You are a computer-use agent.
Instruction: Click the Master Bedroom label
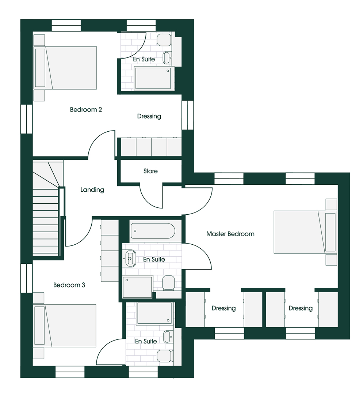pyautogui.click(x=230, y=234)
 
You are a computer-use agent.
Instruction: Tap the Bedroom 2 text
pyautogui.click(x=86, y=110)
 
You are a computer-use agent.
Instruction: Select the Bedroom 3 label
pyautogui.click(x=69, y=285)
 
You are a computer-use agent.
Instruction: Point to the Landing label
pyautogui.click(x=92, y=190)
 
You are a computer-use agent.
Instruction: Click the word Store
pyautogui.click(x=150, y=171)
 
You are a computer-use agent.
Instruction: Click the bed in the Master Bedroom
pyautogui.click(x=305, y=232)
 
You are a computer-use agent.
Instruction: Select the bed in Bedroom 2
pyautogui.click(x=65, y=68)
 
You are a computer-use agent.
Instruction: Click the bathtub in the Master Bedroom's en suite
pyautogui.click(x=153, y=231)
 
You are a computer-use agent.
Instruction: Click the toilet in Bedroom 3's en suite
pyautogui.click(x=165, y=356)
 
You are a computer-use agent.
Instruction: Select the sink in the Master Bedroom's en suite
pyautogui.click(x=130, y=258)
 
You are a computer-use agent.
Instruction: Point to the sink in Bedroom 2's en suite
pyautogui.click(x=167, y=58)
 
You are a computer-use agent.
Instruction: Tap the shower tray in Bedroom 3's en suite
pyautogui.click(x=154, y=313)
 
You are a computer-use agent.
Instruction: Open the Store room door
pyautogui.click(x=151, y=197)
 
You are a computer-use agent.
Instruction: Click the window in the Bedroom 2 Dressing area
pyautogui.click(x=188, y=115)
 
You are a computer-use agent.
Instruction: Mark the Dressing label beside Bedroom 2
pyautogui.click(x=149, y=116)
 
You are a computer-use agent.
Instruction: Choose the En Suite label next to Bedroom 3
pyautogui.click(x=146, y=341)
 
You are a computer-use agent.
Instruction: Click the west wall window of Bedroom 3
pyautogui.click(x=26, y=278)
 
